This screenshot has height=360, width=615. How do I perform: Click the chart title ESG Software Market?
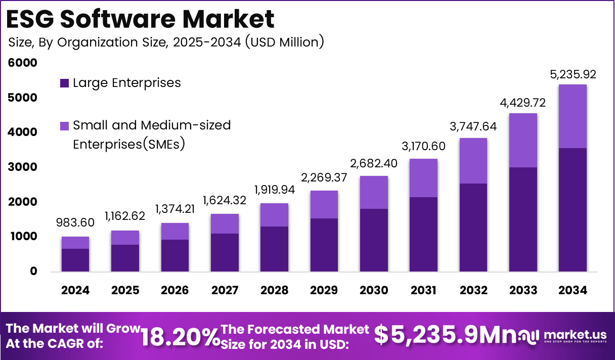141,19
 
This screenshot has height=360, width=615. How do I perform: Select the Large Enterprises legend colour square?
64,83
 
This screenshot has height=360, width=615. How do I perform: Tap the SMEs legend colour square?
64,125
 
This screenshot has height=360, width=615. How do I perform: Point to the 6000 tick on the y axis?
23,63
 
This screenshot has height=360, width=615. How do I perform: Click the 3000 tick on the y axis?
23,167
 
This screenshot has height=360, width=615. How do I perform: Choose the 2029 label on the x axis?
324,290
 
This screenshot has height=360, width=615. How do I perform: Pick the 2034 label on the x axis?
573,290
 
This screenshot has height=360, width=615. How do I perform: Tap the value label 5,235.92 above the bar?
573,75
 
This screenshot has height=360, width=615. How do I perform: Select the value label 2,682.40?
374,163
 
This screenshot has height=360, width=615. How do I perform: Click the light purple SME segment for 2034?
573,116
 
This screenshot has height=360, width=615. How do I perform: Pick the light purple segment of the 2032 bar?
473,161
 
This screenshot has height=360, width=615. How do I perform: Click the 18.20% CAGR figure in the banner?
180,336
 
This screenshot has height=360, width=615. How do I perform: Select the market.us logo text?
574,334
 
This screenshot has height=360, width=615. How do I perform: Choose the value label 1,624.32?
225,201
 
